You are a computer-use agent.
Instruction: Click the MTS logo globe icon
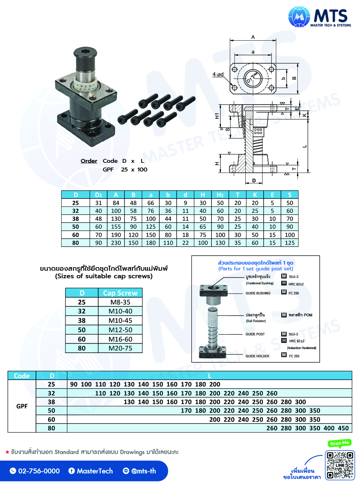pos(299,17)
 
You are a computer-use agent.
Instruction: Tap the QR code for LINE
pos(340,465)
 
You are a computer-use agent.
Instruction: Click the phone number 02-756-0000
pos(39,471)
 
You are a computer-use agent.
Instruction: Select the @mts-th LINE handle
pos(143,471)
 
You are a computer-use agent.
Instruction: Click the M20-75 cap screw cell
pos(120,348)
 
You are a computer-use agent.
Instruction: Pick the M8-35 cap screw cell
pos(120,302)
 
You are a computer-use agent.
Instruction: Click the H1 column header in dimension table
pos(220,195)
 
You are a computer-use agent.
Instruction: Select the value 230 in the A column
pos(116,243)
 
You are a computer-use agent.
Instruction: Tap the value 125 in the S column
pos(290,243)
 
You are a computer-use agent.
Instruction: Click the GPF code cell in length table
pos(22,406)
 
